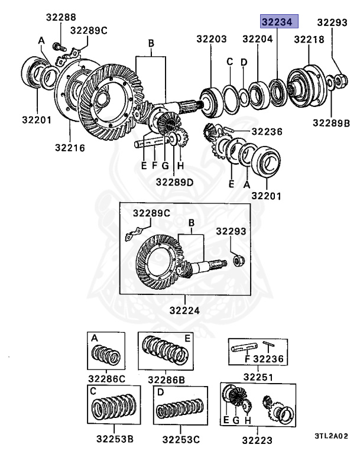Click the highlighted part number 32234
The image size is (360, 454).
(280, 22)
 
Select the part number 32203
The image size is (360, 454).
(212, 40)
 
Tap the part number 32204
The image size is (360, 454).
(257, 40)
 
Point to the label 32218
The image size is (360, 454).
(309, 40)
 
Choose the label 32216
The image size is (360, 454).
(70, 146)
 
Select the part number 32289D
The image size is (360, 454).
(174, 182)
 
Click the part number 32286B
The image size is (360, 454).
(167, 379)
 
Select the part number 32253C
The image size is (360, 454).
(181, 439)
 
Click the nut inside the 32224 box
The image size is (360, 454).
(239, 260)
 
